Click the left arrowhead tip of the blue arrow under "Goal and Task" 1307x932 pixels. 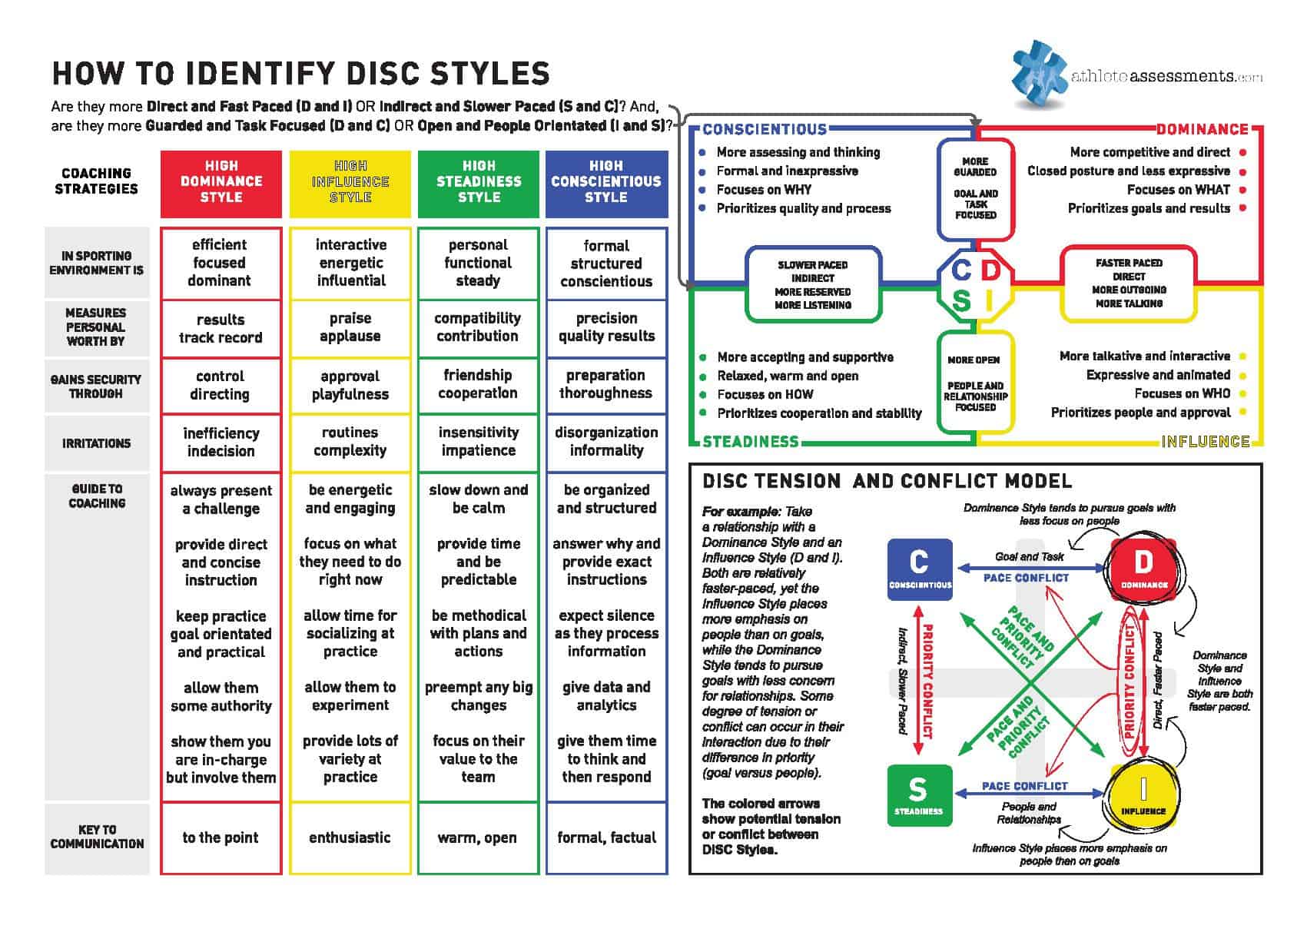(x=957, y=569)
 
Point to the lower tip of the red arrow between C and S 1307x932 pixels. (x=918, y=756)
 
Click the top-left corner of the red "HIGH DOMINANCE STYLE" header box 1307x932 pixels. (x=161, y=151)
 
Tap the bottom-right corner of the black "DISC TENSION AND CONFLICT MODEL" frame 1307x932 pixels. (x=1262, y=874)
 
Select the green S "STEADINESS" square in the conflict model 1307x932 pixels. (x=920, y=795)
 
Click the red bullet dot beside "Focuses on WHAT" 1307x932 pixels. (x=1242, y=191)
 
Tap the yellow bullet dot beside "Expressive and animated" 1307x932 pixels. (x=1242, y=376)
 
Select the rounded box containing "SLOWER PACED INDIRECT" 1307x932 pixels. (x=813, y=285)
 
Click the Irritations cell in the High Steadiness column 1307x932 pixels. (x=479, y=443)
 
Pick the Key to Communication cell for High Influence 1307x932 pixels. (x=350, y=838)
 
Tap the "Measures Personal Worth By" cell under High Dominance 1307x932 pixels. (x=221, y=329)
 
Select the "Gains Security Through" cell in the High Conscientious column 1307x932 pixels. (x=607, y=385)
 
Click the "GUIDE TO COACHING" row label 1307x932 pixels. (x=97, y=496)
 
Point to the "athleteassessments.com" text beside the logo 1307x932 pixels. (x=1167, y=77)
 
